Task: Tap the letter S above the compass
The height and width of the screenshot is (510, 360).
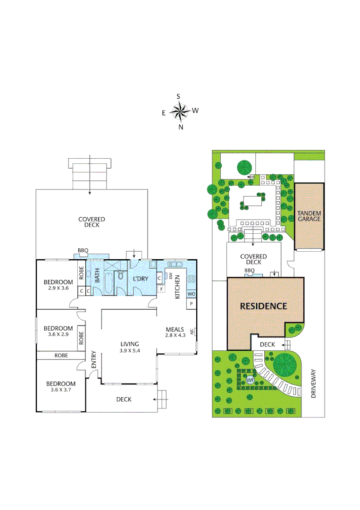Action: point(178,96)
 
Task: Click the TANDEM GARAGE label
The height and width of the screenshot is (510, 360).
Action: point(309,216)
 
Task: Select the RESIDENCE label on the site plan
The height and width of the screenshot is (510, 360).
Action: point(263,306)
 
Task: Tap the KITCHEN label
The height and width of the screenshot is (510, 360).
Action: point(178,287)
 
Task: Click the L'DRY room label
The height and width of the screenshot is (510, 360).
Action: point(141,279)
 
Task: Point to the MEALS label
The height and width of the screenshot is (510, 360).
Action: point(174,329)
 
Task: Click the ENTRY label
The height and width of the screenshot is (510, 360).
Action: point(93,360)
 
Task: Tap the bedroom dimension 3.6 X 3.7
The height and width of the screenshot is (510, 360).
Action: point(60,390)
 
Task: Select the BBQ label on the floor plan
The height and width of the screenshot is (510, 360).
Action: point(83,251)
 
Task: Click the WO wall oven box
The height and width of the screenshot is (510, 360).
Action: point(191,294)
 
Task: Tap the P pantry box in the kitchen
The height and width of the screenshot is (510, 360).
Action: point(191,303)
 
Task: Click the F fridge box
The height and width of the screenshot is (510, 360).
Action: point(161,289)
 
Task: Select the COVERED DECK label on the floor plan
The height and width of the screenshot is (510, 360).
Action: point(92,222)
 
